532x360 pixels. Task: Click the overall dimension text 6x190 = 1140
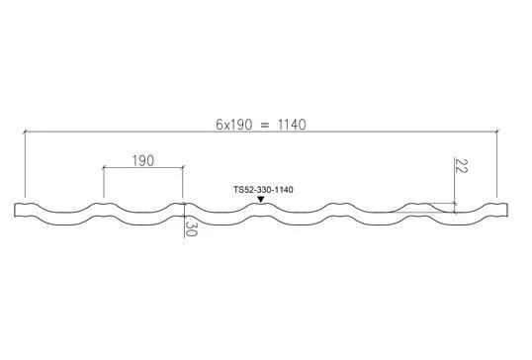coord(261,125)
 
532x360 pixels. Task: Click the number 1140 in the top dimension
coord(292,125)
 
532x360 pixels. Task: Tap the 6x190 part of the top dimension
coord(234,125)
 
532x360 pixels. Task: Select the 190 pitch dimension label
coord(142,160)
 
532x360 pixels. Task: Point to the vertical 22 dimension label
coord(461,165)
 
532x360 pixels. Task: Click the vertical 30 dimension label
coord(191,229)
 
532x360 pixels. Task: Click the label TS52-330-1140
coord(263,190)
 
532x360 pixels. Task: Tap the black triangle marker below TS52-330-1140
coord(261,200)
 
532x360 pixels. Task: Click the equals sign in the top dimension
coord(265,126)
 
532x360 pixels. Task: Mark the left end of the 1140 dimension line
coord(25,132)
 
